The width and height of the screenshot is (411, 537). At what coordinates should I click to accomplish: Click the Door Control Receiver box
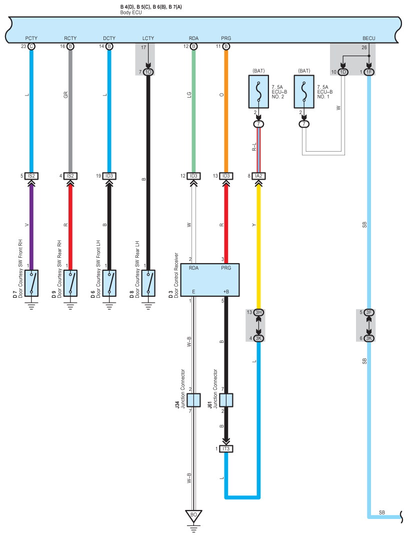tap(213, 280)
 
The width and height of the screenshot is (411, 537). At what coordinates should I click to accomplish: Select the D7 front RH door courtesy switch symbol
tap(31, 283)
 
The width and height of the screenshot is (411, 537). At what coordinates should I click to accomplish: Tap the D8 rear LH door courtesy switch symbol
tap(148, 283)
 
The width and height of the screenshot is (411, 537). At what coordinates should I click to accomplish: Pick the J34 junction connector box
tap(193, 400)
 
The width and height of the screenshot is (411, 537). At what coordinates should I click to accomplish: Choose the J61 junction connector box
tap(226, 400)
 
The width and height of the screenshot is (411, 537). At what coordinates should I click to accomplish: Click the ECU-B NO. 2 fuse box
tap(258, 92)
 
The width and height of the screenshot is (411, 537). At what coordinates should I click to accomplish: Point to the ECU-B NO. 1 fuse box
tap(303, 92)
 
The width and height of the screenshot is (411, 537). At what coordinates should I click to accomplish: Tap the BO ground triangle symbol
tap(193, 514)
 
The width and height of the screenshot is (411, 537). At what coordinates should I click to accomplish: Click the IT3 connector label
tap(226, 448)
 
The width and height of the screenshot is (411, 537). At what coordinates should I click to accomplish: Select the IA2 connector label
tap(258, 176)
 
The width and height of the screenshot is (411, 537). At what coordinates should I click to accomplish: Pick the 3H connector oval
tap(258, 312)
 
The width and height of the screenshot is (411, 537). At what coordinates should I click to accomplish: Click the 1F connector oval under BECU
tap(369, 72)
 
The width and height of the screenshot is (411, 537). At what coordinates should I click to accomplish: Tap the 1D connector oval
tap(343, 72)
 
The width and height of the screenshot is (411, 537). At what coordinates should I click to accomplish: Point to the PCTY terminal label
tap(31, 38)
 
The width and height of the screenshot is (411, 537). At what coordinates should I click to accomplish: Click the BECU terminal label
tap(369, 38)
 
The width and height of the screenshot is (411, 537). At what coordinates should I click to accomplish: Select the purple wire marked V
tap(31, 225)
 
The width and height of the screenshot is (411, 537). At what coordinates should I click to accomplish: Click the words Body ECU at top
tap(131, 12)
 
